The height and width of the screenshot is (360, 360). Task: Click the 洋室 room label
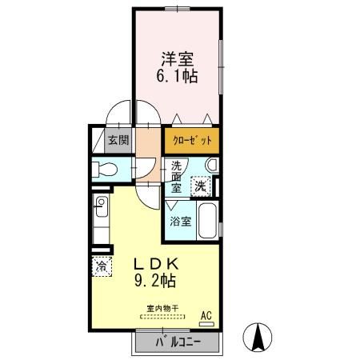click(x=178, y=58)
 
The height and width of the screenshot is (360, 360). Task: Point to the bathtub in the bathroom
click(x=206, y=220)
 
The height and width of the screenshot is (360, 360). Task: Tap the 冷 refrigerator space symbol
click(x=102, y=266)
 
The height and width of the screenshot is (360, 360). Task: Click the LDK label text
click(x=155, y=265)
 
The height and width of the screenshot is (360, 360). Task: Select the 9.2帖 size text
click(x=155, y=282)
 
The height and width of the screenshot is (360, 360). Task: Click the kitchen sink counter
click(x=102, y=220)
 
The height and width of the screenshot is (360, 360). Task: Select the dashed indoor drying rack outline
click(x=162, y=317)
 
